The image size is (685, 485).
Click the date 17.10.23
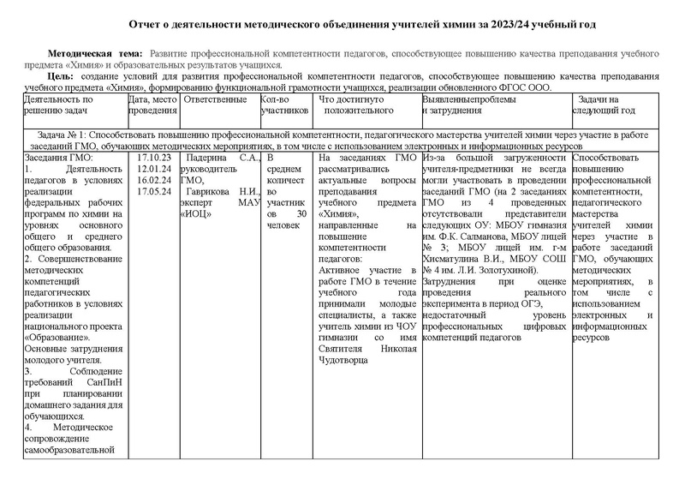(155, 159)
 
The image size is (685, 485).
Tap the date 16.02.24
(155, 180)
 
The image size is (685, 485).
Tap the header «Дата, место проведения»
(152, 105)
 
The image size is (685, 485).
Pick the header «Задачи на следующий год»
(605, 105)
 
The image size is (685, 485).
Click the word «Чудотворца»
(346, 361)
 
